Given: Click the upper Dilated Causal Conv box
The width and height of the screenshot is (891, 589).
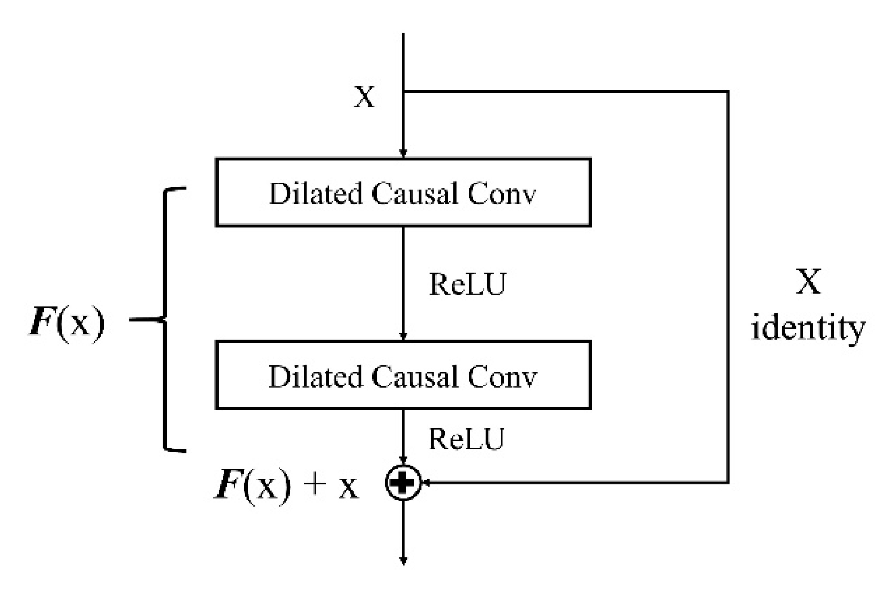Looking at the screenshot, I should click(403, 193).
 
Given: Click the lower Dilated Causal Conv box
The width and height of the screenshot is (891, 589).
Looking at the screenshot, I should click(403, 375).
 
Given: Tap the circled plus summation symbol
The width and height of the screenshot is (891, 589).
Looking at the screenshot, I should click(403, 482).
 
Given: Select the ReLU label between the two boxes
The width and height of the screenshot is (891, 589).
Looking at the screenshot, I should click(467, 284).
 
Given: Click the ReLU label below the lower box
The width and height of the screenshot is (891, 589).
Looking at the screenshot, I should click(466, 439).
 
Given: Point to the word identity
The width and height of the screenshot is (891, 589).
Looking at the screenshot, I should click(808, 328).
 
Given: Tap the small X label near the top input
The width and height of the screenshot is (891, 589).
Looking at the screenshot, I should click(365, 97).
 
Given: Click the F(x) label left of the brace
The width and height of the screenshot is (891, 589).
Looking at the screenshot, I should click(67, 322).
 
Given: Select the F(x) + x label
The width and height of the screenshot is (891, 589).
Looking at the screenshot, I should click(286, 484).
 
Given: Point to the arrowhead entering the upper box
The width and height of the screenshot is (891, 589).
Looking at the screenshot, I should click(403, 153).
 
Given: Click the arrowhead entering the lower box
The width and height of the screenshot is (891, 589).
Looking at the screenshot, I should click(403, 336).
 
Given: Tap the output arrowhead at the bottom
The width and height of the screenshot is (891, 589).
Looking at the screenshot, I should click(403, 561).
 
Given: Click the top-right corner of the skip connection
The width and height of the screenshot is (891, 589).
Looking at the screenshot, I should click(728, 92).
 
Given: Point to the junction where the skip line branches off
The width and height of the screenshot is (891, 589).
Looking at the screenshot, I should click(404, 92).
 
